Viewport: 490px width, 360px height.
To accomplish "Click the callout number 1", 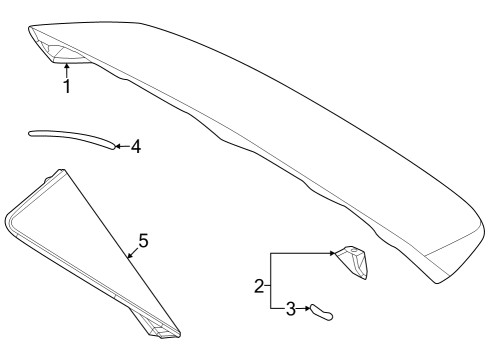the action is tap(66, 87).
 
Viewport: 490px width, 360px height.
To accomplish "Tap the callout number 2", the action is tap(259, 287).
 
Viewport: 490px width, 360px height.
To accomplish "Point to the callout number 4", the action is tap(135, 147).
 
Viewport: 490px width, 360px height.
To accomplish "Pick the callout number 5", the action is tap(143, 241).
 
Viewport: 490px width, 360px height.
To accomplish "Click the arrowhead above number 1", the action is tap(66, 67).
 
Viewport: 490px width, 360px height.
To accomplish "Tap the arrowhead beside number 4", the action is tap(116, 147).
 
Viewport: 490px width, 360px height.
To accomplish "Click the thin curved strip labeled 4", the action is tap(70, 135).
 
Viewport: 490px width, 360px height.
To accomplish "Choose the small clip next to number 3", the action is tap(320, 311).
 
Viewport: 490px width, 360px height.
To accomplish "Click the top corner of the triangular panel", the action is tap(62, 172).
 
